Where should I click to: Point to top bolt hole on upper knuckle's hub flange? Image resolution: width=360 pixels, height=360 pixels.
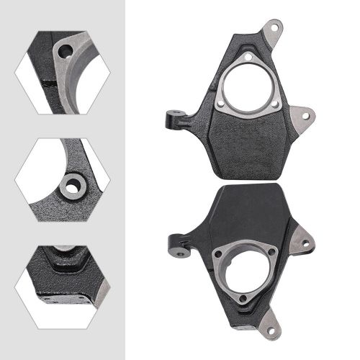(247, 59)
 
